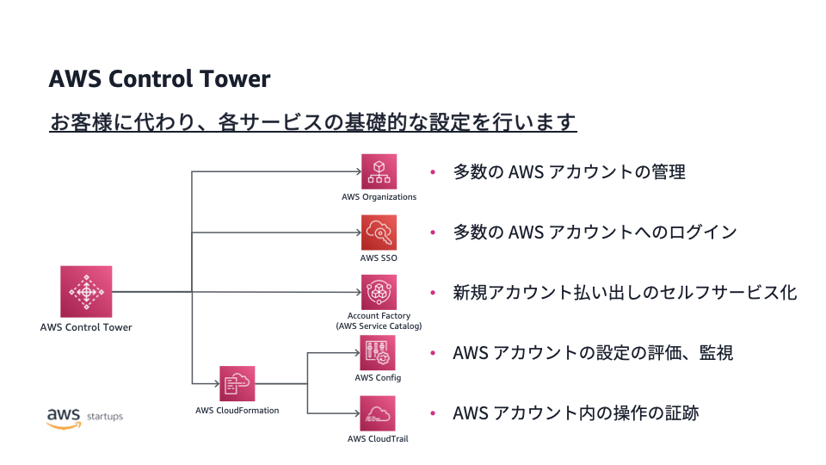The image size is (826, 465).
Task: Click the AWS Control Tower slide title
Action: tap(159, 79)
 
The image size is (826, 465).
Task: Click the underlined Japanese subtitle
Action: tap(312, 121)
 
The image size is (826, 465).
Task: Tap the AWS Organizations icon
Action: tap(379, 171)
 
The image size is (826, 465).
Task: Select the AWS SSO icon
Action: tap(379, 232)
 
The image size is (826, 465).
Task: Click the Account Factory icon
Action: tap(379, 292)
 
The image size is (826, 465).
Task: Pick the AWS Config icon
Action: tap(379, 353)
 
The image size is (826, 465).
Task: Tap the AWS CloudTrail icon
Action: tap(379, 413)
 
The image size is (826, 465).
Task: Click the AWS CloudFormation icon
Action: tap(237, 383)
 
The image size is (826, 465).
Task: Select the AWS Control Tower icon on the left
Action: tap(86, 291)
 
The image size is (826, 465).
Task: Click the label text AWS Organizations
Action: tap(379, 197)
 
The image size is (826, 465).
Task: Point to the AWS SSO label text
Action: tap(379, 257)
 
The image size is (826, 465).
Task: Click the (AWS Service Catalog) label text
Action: tap(379, 326)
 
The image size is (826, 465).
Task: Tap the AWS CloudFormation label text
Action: tap(237, 410)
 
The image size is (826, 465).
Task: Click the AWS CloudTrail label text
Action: tap(378, 438)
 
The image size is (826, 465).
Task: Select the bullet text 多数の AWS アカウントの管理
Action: tap(569, 172)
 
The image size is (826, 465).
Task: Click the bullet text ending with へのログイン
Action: tap(595, 232)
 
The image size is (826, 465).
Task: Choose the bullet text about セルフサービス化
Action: tap(625, 293)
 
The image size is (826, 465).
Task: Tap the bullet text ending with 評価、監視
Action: tap(593, 353)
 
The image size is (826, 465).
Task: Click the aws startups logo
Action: tap(84, 417)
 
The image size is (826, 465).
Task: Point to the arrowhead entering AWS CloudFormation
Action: tap(215, 383)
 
